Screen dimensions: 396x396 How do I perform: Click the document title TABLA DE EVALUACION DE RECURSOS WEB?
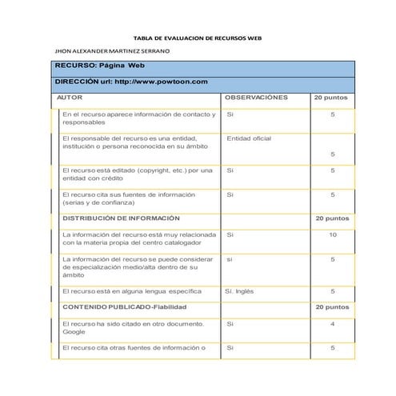[x=197, y=38]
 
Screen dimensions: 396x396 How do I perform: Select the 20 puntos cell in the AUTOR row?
[x=331, y=96]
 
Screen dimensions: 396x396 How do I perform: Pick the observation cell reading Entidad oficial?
[x=249, y=138]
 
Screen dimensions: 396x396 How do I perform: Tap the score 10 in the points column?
[x=332, y=234]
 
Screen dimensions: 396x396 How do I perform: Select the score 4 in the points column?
[x=332, y=323]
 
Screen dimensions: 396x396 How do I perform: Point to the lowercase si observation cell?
[x=230, y=259]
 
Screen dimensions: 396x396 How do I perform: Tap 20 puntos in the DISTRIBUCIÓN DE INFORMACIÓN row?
[x=331, y=218]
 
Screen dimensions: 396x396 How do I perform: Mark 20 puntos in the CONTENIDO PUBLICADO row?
[x=331, y=307]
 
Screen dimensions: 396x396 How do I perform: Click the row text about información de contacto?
[x=138, y=118]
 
